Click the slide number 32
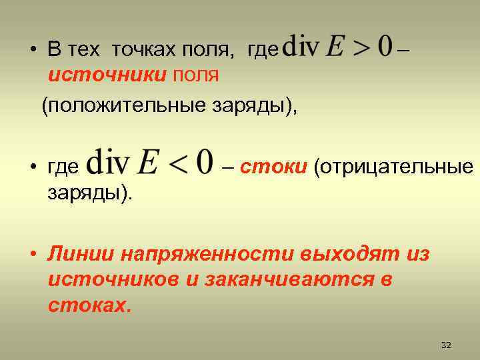point(446,345)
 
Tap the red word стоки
point(274,166)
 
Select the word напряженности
point(204,254)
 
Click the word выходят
point(351,254)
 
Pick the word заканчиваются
point(286,279)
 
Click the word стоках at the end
point(90,305)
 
